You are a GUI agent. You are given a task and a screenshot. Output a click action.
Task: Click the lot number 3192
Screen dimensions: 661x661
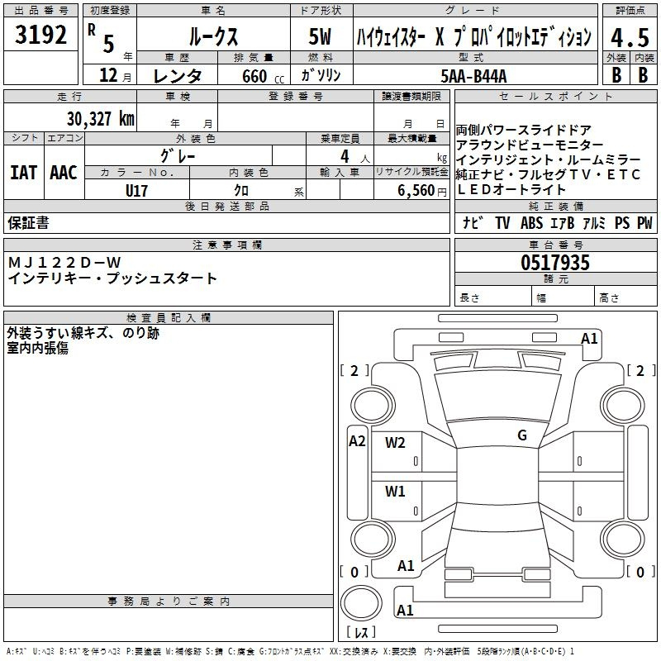[41, 36]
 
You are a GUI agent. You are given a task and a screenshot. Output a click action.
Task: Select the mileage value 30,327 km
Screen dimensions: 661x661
[101, 119]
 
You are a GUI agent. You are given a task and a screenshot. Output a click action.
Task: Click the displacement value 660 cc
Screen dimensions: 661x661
[250, 76]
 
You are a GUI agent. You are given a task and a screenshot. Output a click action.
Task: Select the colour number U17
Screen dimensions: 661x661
[136, 191]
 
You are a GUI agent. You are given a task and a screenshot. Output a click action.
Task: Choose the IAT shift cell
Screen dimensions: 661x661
[24, 173]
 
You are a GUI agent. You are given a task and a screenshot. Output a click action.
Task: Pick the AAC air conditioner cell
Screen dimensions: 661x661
[64, 173]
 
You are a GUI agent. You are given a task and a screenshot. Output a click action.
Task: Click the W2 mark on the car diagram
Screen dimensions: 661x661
[396, 442]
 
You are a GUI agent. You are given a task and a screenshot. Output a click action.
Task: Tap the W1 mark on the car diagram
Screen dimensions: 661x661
[396, 491]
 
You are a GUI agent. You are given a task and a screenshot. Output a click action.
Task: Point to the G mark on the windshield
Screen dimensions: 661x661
[522, 435]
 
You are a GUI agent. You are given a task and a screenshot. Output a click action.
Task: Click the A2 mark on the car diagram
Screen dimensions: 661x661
[357, 440]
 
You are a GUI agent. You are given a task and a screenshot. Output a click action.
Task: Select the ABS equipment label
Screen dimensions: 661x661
[531, 223]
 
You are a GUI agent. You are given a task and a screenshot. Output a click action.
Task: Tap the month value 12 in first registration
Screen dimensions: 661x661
[107, 76]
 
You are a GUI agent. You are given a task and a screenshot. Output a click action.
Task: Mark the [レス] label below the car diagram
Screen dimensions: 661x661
[361, 633]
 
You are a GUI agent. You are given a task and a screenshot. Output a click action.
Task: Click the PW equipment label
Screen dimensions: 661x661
[644, 223]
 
